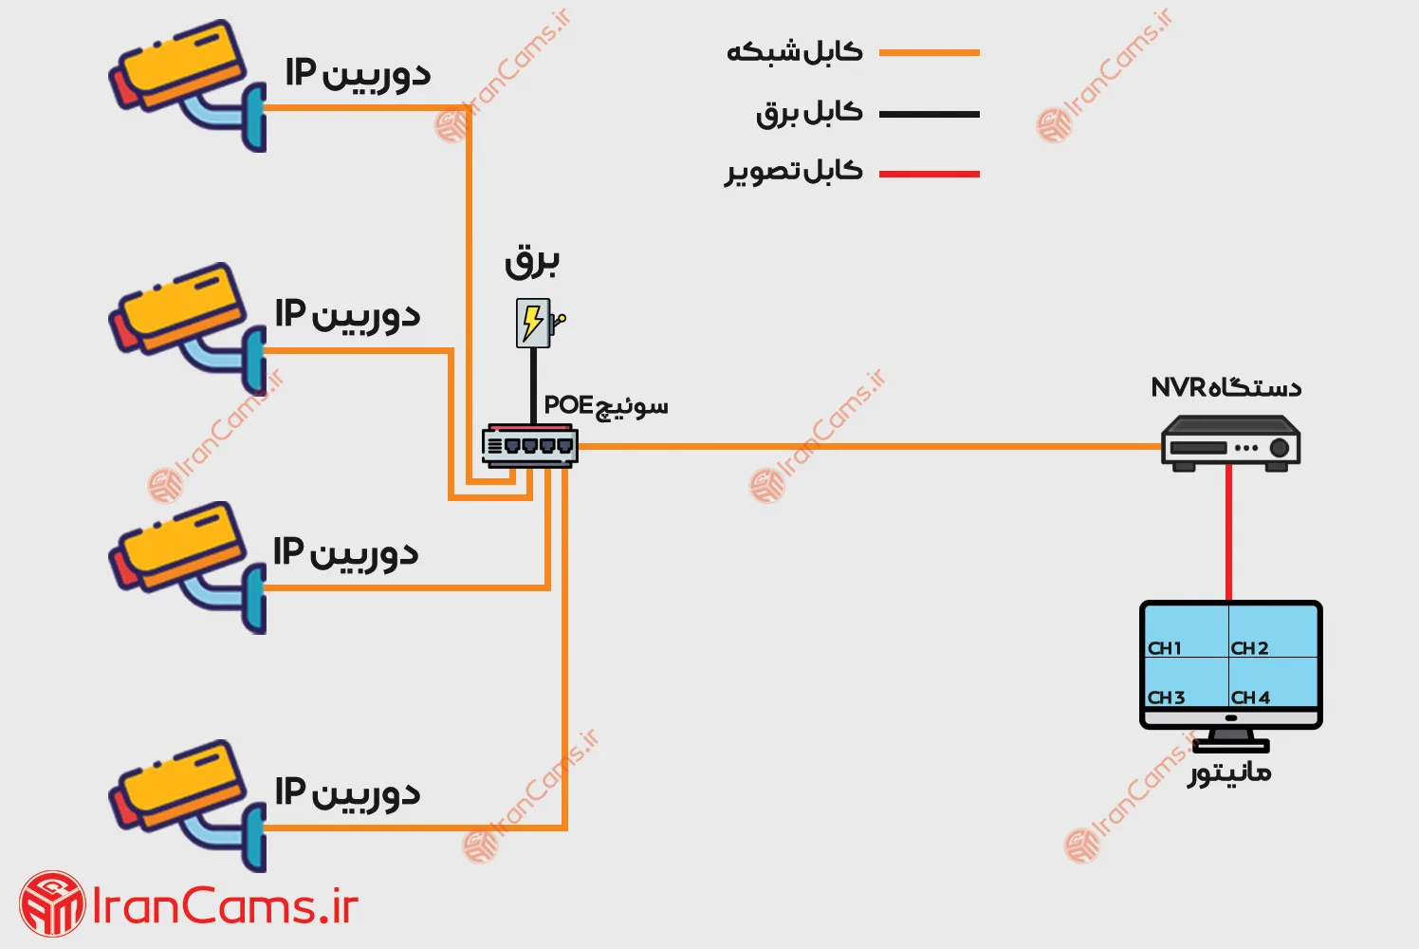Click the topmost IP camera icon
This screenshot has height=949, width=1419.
click(186, 84)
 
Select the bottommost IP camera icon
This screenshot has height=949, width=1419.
click(186, 805)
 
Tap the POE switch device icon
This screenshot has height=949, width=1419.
click(529, 445)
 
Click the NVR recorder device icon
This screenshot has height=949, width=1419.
click(1230, 443)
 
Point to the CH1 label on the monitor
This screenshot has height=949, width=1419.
click(1165, 648)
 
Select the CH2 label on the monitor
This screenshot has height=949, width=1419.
click(1249, 648)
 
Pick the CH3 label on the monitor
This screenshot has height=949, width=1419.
click(1166, 698)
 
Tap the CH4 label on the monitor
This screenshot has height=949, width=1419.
click(1250, 698)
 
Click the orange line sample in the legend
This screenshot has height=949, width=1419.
click(929, 53)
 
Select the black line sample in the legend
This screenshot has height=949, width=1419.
click(929, 114)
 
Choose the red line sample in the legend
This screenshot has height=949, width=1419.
click(929, 174)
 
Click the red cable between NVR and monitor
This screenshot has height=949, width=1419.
click(1229, 531)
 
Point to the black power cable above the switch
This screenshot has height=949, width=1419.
click(533, 384)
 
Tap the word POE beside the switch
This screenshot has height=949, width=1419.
click(568, 405)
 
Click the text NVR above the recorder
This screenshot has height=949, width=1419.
click(1177, 387)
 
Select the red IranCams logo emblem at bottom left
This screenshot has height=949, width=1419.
click(52, 904)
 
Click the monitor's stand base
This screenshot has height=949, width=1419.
click(1230, 745)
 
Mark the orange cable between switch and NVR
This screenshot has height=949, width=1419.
click(854, 446)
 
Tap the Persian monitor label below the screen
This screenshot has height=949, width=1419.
click(1229, 773)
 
